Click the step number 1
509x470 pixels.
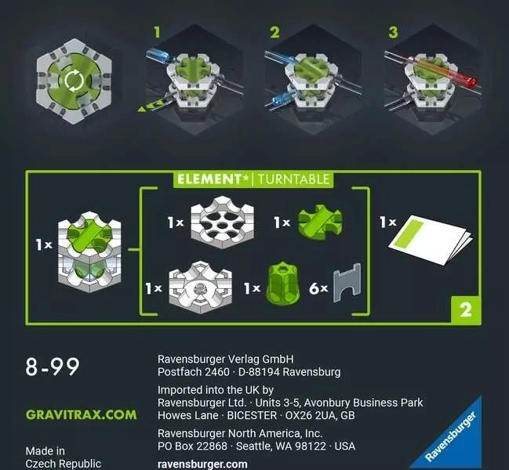(157, 32)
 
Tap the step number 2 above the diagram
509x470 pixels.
(274, 32)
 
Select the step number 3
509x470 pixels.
(393, 32)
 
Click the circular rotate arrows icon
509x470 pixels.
(75, 80)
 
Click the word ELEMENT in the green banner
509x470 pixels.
(209, 179)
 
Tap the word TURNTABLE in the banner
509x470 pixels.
(294, 179)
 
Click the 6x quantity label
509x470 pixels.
(318, 288)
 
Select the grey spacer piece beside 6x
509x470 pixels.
(347, 283)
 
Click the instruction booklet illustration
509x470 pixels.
(431, 239)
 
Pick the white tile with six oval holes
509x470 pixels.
(223, 222)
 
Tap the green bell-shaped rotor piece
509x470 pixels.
(282, 284)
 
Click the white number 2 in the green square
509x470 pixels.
(466, 310)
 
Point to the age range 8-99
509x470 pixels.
(53, 367)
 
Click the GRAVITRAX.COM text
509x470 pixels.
(81, 415)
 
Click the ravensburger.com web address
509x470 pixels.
(202, 465)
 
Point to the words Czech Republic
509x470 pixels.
(64, 464)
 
